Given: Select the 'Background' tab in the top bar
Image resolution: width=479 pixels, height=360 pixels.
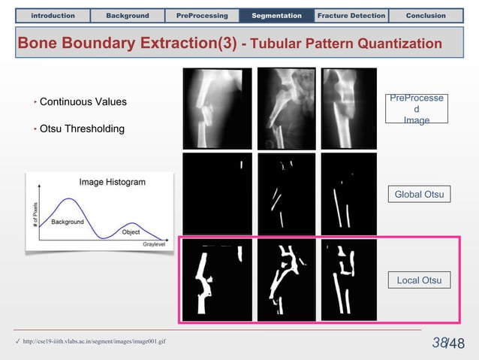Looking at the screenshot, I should click(x=127, y=15).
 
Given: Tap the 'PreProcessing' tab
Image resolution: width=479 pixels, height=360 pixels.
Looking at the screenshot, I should click(x=203, y=15).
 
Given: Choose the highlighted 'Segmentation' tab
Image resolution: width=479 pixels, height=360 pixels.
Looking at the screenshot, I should click(x=276, y=15).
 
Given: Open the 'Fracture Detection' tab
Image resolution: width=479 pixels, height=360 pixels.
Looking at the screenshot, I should click(x=351, y=15).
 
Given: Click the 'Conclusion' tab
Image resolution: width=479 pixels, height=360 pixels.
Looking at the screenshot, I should click(x=426, y=15).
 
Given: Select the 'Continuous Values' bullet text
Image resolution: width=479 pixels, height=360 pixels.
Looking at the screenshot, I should click(x=83, y=101).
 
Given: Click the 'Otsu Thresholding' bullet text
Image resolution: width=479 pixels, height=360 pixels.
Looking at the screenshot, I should click(x=82, y=129).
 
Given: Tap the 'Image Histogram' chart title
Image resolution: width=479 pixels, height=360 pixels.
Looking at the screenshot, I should click(x=113, y=182).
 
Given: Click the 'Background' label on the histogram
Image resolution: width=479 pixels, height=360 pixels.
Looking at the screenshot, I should click(x=68, y=222).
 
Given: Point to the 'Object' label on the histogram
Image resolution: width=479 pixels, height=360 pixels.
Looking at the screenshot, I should click(x=131, y=232).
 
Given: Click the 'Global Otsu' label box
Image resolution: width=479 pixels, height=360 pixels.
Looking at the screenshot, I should click(x=419, y=195).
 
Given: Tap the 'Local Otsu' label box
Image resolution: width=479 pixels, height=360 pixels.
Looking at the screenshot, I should click(x=419, y=280).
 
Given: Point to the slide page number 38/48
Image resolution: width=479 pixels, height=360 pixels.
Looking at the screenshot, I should click(x=448, y=343).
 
